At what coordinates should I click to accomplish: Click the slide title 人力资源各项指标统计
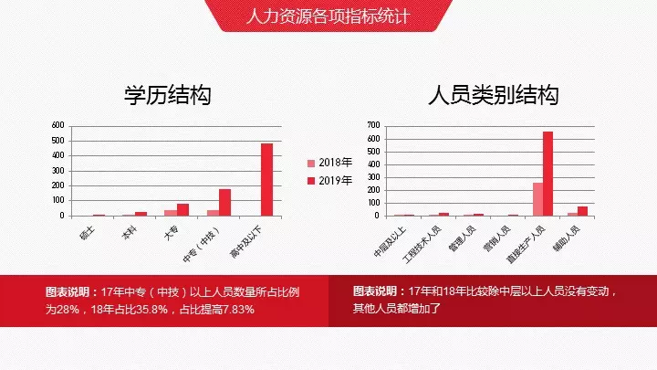(328, 16)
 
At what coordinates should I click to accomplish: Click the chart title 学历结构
(168, 95)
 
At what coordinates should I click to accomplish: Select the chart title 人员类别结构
(493, 95)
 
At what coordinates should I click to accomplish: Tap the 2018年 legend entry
(329, 163)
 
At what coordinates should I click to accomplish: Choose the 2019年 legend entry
(329, 181)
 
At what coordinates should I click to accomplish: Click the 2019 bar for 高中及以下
(266, 180)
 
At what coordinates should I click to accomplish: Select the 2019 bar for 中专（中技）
(225, 203)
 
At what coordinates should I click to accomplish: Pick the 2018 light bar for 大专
(171, 213)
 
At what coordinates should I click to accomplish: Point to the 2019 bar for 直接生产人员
(548, 174)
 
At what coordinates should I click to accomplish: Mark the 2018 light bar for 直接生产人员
(538, 199)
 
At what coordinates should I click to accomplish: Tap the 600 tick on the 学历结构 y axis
(57, 125)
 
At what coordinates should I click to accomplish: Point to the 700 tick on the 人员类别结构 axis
(373, 125)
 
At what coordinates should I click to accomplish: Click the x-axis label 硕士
(88, 232)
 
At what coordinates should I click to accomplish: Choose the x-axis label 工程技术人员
(422, 245)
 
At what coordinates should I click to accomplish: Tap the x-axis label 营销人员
(497, 238)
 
